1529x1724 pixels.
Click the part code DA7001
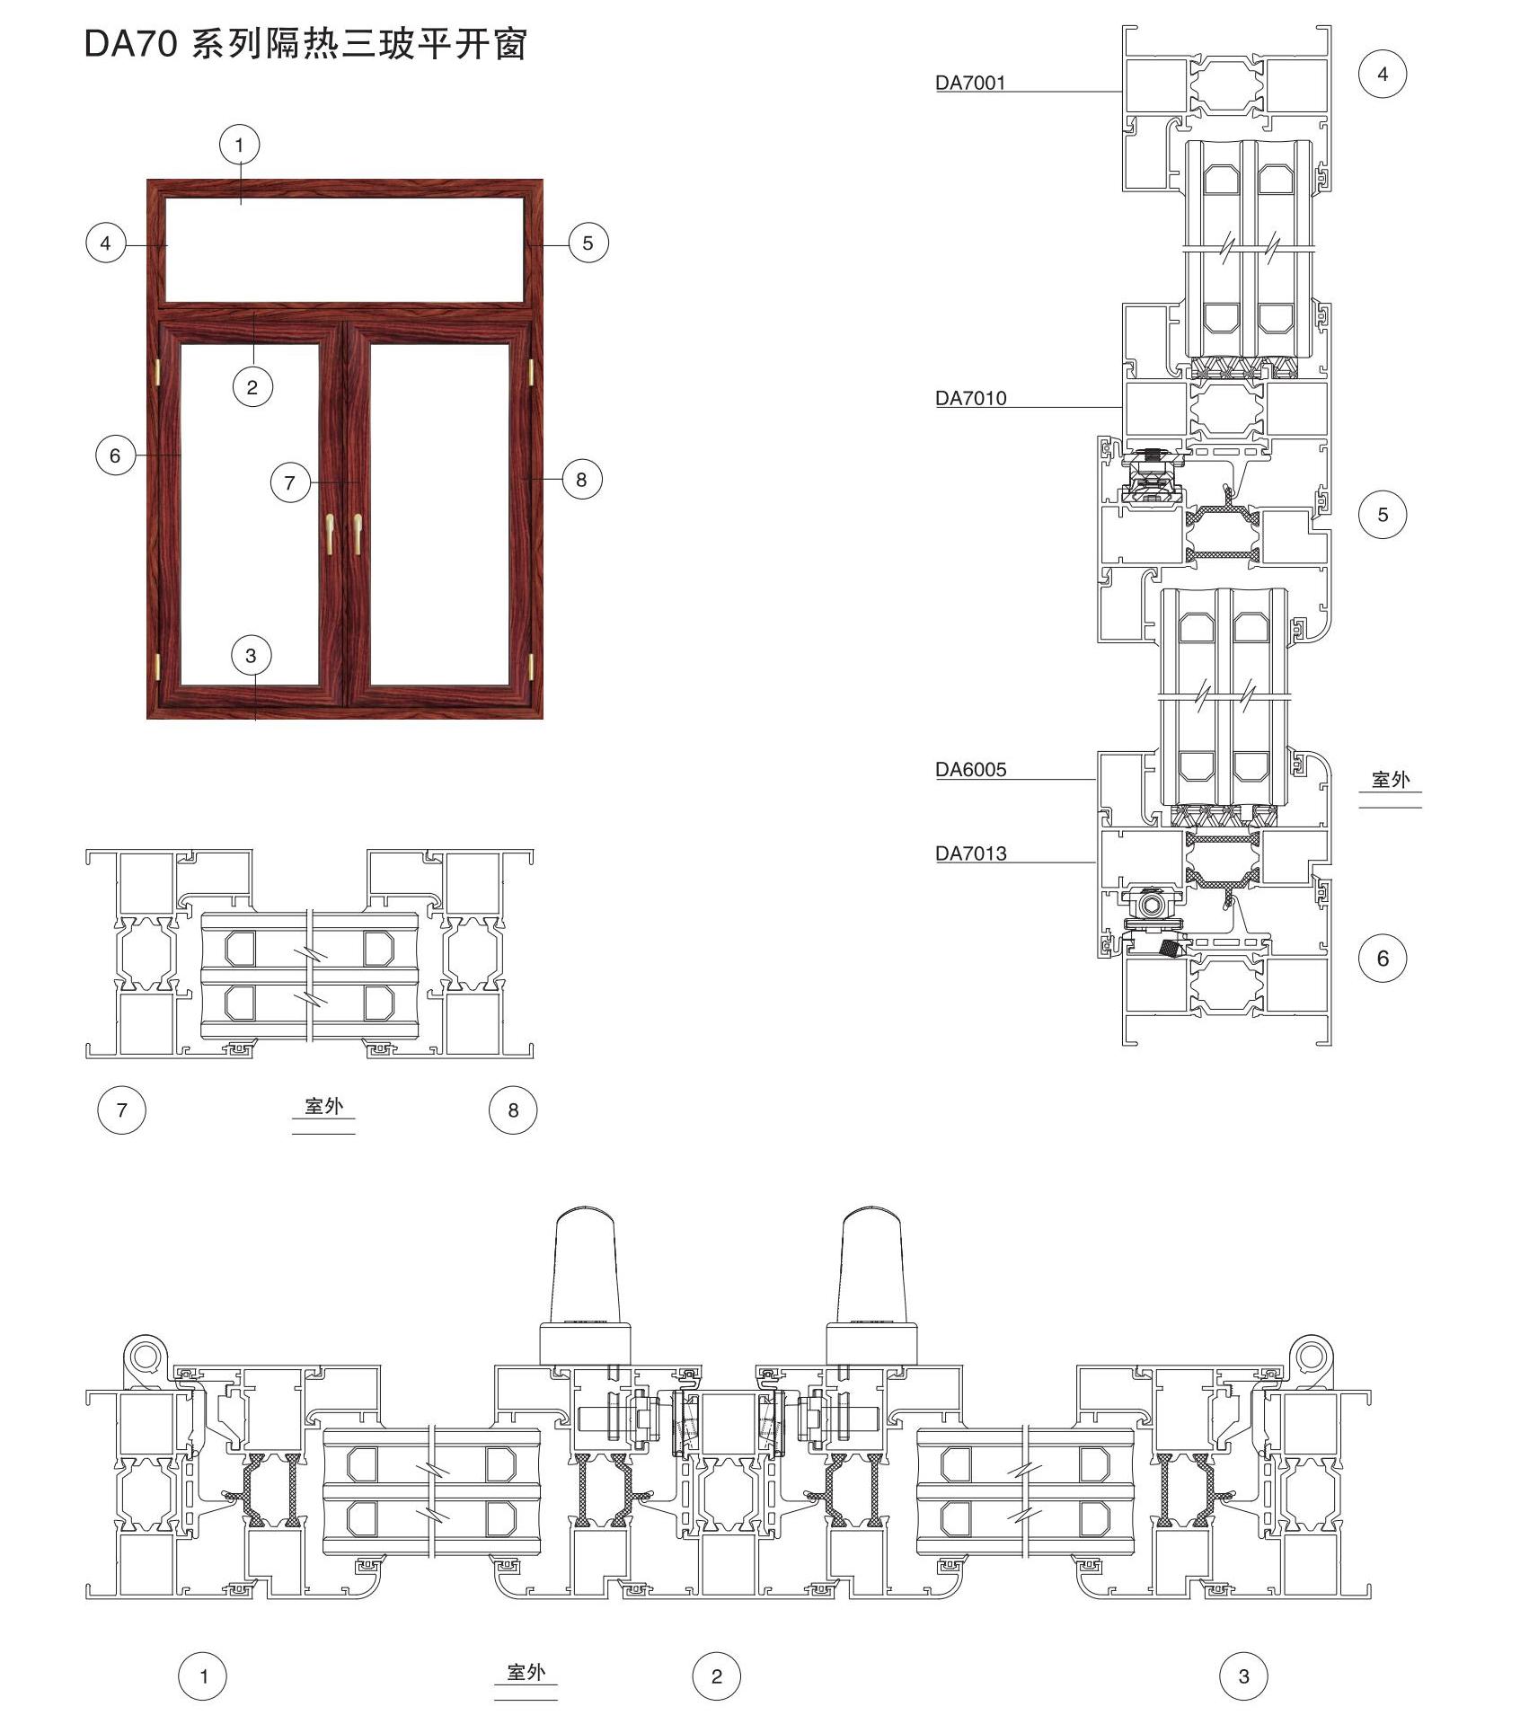coord(970,83)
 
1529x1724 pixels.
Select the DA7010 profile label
coord(970,398)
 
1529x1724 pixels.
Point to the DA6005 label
coord(970,769)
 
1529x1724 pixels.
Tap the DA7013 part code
coord(970,853)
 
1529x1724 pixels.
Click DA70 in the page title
coord(130,44)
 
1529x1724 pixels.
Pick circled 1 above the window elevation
coord(239,145)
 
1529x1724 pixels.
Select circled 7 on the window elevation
coord(289,483)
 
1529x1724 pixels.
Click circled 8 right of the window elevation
coord(581,480)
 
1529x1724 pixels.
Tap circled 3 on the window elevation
coord(251,656)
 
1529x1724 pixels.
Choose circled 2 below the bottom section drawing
coord(716,1676)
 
